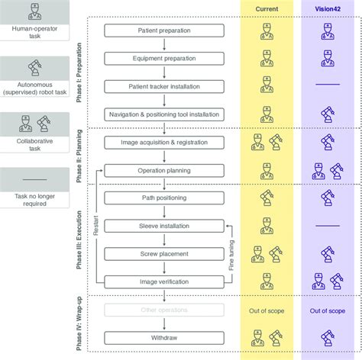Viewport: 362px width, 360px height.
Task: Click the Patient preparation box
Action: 164,32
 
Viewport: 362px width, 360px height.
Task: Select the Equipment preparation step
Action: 164,59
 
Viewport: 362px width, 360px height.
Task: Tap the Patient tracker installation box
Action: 164,87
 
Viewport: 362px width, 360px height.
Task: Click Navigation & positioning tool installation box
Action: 164,114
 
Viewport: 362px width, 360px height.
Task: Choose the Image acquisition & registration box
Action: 164,143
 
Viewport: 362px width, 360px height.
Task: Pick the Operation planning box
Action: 164,170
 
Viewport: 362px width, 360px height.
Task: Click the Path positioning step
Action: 164,198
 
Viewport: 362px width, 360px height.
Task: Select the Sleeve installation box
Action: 164,226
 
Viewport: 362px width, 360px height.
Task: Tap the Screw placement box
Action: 164,253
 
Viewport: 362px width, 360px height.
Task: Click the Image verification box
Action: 164,281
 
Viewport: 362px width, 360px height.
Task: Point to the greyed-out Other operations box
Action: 164,310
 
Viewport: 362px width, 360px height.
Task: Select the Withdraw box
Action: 164,336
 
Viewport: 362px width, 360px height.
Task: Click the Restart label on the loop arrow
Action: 95,226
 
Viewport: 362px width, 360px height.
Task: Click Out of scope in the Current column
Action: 267,310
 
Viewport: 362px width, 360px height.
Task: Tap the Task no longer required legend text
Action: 35,200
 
